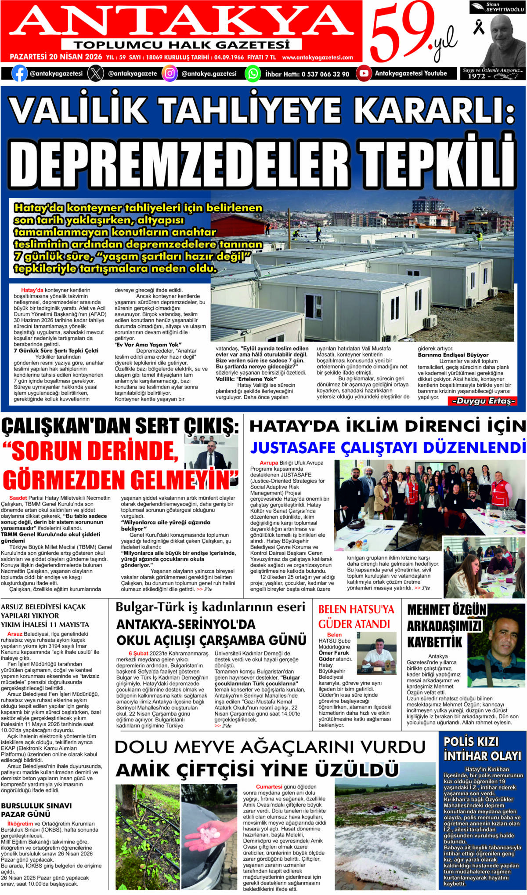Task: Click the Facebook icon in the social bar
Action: (x=19, y=73)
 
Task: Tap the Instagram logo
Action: (x=170, y=73)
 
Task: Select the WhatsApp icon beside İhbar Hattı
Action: (x=253, y=73)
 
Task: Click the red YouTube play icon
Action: (x=364, y=73)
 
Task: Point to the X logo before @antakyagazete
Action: (x=96, y=73)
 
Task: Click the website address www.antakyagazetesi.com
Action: (x=318, y=58)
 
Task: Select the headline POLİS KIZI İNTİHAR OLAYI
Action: (x=482, y=749)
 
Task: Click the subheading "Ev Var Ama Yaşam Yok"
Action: (x=148, y=345)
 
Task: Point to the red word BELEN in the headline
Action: (x=334, y=610)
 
